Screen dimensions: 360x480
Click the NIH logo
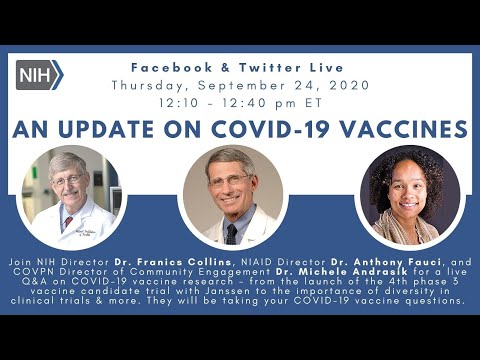coord(39,74)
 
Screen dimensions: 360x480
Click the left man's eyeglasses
coord(74,183)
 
